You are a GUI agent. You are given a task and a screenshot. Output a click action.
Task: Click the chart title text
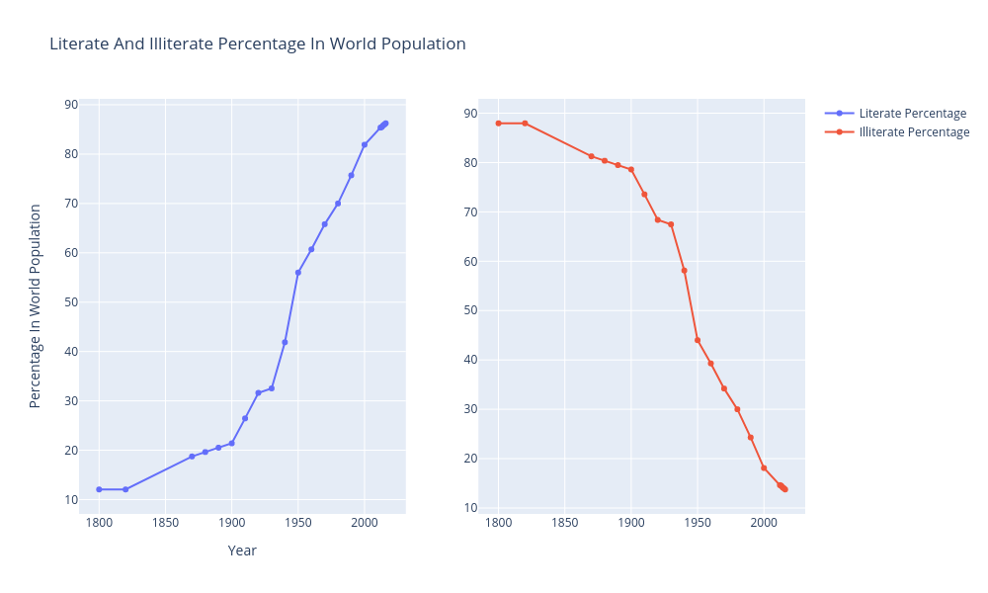257,44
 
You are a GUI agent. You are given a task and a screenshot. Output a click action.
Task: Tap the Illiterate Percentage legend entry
914,132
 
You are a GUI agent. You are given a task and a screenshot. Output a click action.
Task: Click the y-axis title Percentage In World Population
36,306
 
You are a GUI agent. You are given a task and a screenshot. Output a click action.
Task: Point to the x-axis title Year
242,551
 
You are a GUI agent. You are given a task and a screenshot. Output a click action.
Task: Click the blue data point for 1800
99,489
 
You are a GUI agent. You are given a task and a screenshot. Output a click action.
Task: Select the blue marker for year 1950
297,273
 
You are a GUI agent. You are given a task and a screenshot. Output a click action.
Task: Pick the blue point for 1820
125,489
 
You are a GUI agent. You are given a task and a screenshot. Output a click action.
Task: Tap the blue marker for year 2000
365,144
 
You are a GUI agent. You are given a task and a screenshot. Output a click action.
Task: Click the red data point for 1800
499,124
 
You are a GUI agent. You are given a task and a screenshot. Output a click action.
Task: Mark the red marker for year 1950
698,340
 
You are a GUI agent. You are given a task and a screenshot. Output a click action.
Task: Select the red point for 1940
684,271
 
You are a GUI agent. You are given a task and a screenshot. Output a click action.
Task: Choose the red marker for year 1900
631,170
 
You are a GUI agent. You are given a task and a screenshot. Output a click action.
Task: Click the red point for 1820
525,124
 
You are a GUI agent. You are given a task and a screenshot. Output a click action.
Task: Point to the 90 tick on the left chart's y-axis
71,105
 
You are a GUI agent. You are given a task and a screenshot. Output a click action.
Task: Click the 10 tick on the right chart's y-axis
471,508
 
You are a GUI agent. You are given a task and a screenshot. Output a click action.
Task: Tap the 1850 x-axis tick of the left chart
165,523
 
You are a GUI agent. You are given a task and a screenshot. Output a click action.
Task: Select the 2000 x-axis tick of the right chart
764,523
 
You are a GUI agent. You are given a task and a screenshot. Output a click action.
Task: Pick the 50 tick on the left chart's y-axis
71,302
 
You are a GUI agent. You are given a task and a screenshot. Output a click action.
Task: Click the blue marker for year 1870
192,457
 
